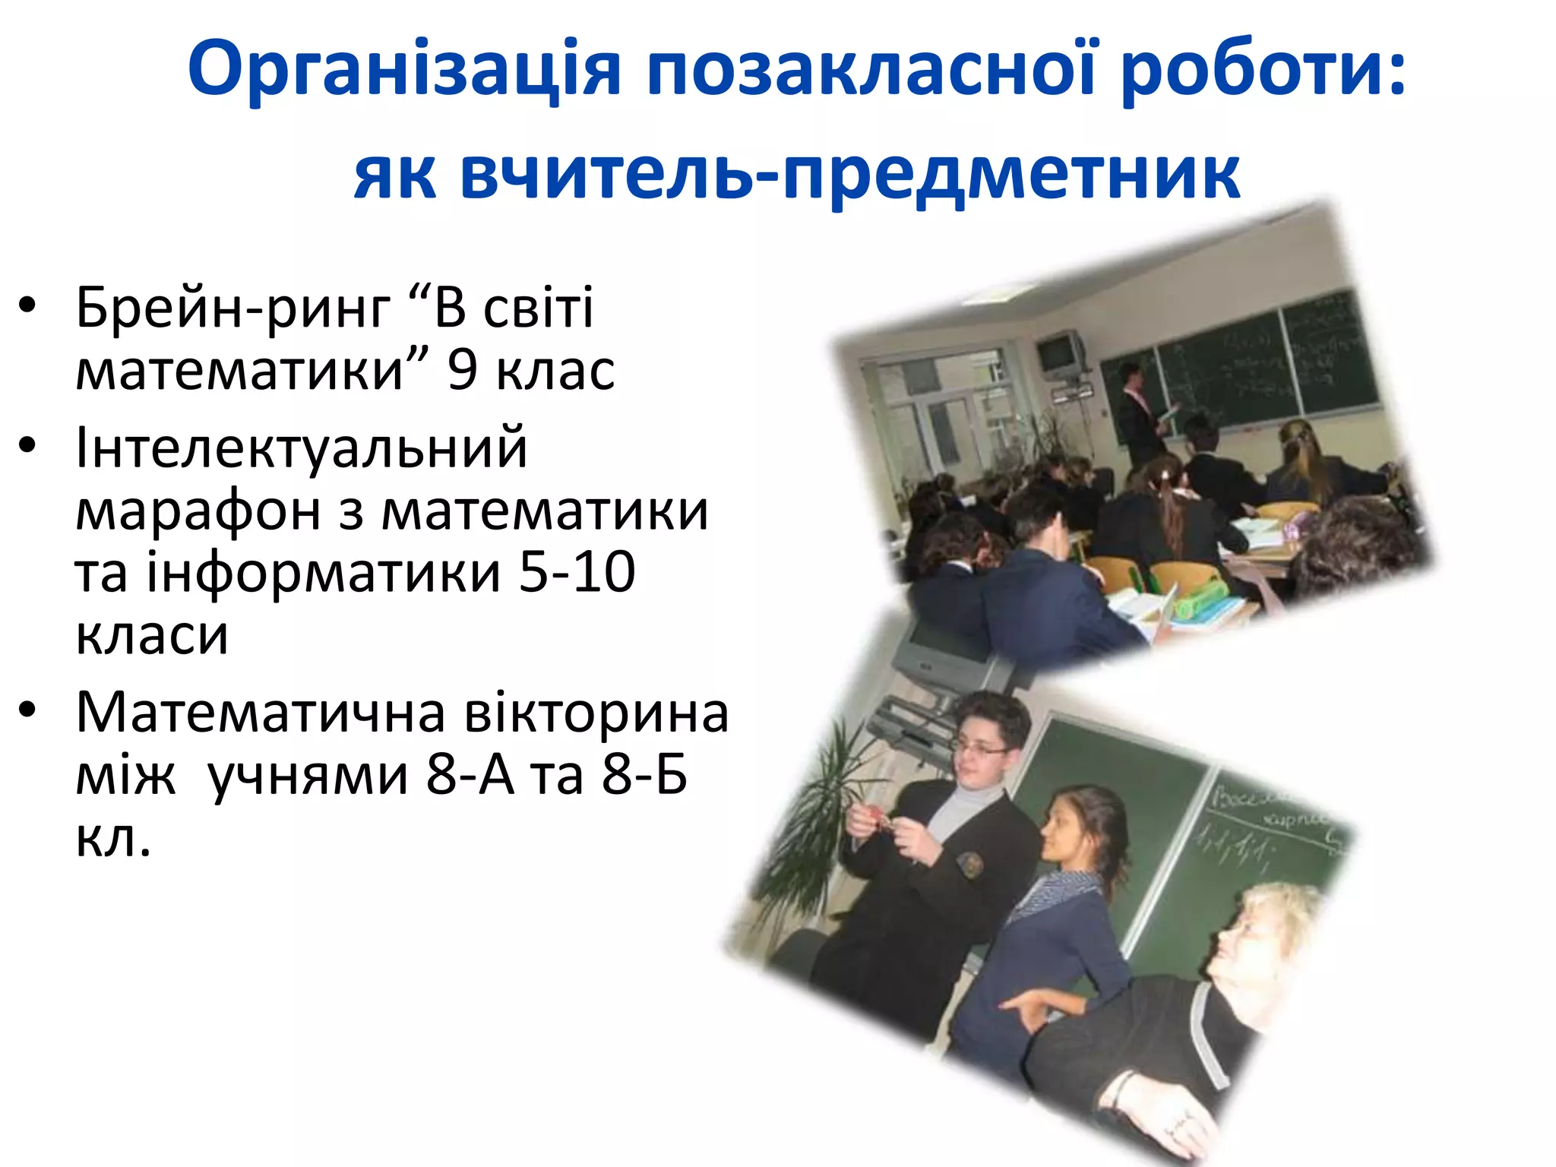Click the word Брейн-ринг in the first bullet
[232, 308]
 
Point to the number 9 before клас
[462, 370]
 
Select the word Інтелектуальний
[301, 448]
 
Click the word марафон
[198, 511]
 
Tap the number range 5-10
[577, 572]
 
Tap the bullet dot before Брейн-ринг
[28, 306]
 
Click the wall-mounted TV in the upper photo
[1061, 353]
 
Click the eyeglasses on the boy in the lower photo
[981, 748]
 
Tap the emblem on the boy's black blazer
[970, 863]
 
